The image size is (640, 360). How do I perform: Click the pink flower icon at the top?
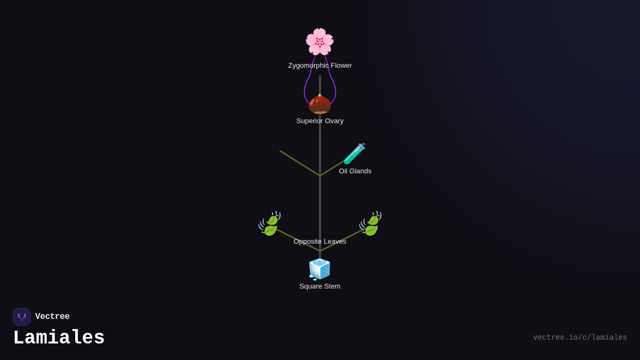pyautogui.click(x=319, y=42)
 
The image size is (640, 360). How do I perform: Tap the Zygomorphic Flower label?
pyautogui.click(x=320, y=66)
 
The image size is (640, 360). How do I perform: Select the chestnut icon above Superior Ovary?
pyautogui.click(x=319, y=104)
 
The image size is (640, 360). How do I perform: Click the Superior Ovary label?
pyautogui.click(x=320, y=121)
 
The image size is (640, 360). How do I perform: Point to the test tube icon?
pyautogui.click(x=355, y=154)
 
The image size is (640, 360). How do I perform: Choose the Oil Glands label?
pyautogui.click(x=355, y=171)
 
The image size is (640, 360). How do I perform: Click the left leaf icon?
pyautogui.click(x=270, y=223)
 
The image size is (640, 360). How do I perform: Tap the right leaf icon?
pyautogui.click(x=371, y=223)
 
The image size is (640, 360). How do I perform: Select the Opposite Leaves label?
pyautogui.click(x=320, y=242)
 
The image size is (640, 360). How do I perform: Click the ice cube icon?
pyautogui.click(x=319, y=269)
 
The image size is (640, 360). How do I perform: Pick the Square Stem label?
pyautogui.click(x=320, y=286)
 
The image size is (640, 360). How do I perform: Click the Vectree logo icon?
pyautogui.click(x=22, y=317)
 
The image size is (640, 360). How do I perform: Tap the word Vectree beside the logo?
pyautogui.click(x=52, y=317)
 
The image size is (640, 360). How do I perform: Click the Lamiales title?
pyautogui.click(x=59, y=338)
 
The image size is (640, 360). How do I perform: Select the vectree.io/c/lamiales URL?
pyautogui.click(x=580, y=338)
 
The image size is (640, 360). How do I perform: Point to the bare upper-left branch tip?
pyautogui.click(x=281, y=151)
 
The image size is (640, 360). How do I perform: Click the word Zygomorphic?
pyautogui.click(x=308, y=66)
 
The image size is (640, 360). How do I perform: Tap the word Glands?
pyautogui.click(x=360, y=171)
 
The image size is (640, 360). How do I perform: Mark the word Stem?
pyautogui.click(x=332, y=286)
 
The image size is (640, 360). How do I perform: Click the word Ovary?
pyautogui.click(x=333, y=121)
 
